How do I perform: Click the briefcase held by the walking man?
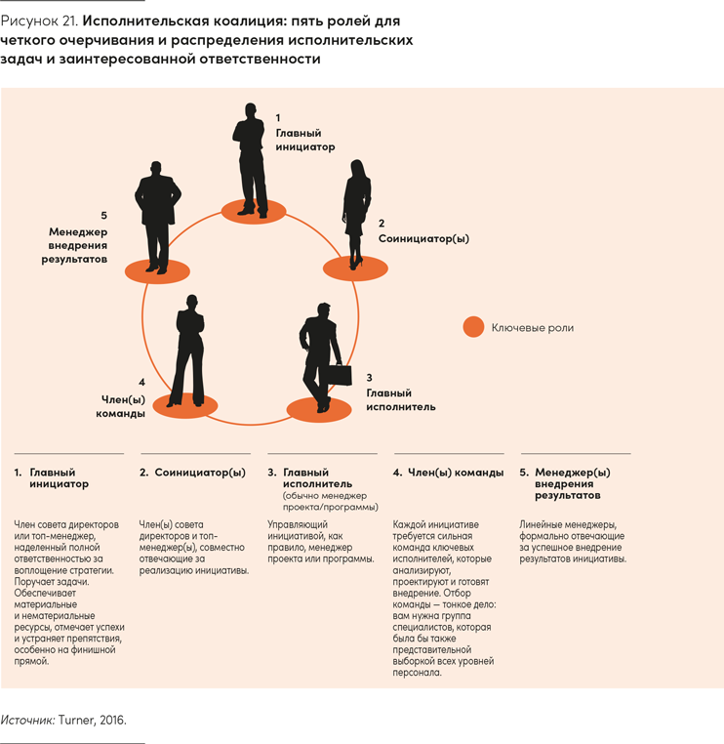(x=340, y=374)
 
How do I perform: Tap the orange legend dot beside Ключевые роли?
(x=473, y=327)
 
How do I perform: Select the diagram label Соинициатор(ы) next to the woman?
(x=423, y=238)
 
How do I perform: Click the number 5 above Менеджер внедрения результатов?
(x=103, y=216)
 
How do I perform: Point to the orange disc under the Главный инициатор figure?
(x=254, y=212)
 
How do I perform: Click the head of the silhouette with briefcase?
(x=323, y=310)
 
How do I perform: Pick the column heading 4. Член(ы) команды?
(x=448, y=473)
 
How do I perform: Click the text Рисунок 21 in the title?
(x=39, y=21)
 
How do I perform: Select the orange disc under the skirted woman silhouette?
(x=355, y=269)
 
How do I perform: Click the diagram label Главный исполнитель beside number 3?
(x=401, y=399)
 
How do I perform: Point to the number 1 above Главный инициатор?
(x=278, y=118)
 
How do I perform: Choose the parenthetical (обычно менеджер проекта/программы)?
(x=331, y=501)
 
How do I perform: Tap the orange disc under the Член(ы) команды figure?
(x=185, y=406)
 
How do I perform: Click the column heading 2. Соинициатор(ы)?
(x=192, y=473)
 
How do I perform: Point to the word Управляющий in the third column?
(x=298, y=524)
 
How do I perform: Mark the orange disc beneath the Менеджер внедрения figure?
(x=157, y=271)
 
